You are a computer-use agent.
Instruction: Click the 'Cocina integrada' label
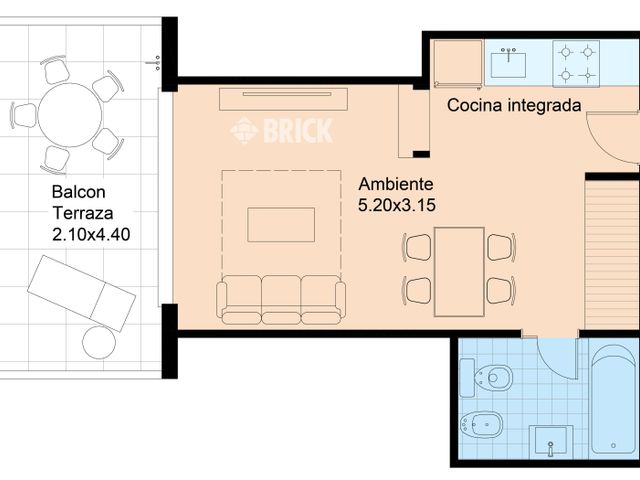[x=513, y=105]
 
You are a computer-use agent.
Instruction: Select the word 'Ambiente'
[x=395, y=185]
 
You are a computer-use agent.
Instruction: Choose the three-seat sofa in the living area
[x=281, y=299]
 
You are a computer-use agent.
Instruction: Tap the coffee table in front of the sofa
[x=281, y=224]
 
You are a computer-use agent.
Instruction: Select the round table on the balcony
[x=66, y=114]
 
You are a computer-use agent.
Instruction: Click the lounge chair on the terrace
[x=81, y=292]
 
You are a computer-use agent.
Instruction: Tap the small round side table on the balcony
[x=99, y=342]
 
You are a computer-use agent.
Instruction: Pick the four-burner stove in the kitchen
[x=576, y=63]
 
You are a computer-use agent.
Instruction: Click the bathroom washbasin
[x=551, y=440]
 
